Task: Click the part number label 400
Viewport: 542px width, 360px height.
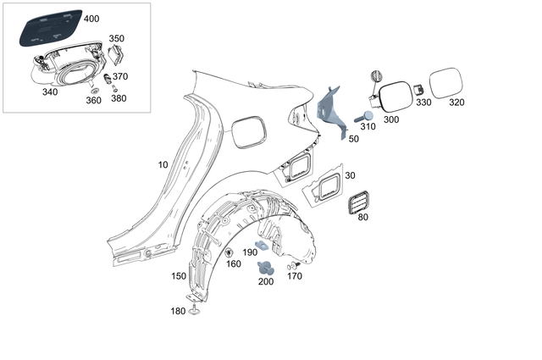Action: pos(91,19)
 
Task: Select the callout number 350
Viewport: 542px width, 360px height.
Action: pos(117,38)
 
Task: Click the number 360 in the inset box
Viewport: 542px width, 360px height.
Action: pos(93,100)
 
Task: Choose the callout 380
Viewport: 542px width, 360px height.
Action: pos(119,98)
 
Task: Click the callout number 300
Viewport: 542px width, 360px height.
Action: pos(390,119)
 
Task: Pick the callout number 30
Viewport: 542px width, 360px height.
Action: pos(350,175)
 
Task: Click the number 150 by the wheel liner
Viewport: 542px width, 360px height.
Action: pos(179,276)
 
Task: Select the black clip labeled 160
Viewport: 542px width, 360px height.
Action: pos(230,252)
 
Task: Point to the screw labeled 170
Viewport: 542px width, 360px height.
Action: pos(296,264)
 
